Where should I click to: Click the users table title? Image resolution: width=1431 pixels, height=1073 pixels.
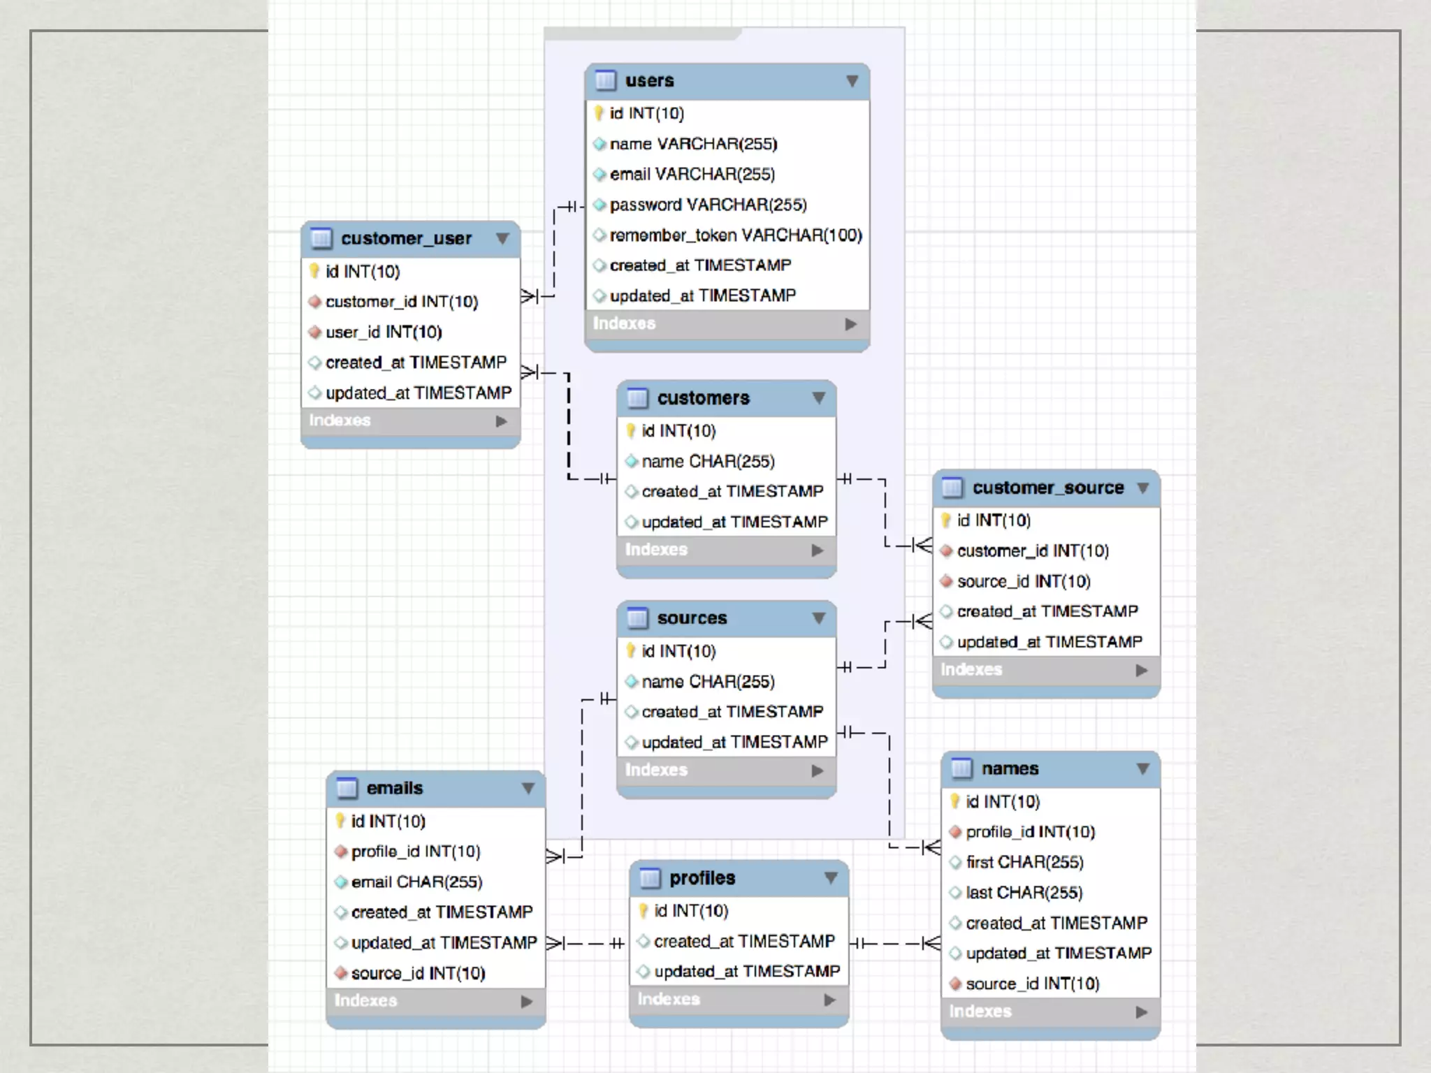coord(649,81)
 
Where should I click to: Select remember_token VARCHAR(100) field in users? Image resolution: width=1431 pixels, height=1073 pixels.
coord(735,235)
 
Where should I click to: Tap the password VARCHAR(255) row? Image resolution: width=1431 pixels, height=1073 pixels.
coord(707,205)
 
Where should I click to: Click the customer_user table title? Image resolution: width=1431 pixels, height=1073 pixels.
coord(406,239)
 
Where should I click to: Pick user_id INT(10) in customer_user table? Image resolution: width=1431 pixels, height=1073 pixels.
coord(384,333)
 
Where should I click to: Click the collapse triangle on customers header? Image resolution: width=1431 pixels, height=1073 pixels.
coord(819,398)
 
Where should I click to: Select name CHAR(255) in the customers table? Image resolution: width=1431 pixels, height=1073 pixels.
coord(707,462)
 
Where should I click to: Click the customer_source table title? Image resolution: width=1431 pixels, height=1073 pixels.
coord(1047,488)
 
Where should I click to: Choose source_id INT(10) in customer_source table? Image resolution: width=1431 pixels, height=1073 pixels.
coord(1023,581)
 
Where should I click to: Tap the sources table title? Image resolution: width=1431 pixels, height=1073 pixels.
coord(692,618)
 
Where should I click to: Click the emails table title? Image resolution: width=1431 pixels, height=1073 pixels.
coord(394,789)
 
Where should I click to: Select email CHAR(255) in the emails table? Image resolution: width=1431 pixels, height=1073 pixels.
coord(416,882)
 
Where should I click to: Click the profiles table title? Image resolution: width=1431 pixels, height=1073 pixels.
coord(702,878)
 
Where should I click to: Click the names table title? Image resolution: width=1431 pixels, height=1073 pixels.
coord(1010,769)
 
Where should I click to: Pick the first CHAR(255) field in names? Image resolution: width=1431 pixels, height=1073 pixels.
coord(1024,863)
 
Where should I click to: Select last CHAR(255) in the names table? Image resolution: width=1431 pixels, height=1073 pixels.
coord(1024,893)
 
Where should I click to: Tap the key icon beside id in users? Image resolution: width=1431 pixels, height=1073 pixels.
coord(599,113)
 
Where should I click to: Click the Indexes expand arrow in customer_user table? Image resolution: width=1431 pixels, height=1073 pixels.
coord(501,421)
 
